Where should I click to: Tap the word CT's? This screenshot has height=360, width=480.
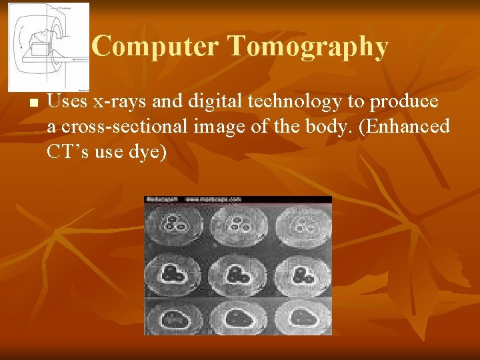pos(70,151)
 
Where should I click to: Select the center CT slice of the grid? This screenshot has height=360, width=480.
pos(238,273)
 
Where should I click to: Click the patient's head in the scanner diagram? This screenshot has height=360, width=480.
pos(39,33)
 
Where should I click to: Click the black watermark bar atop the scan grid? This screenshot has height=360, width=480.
pos(238,199)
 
